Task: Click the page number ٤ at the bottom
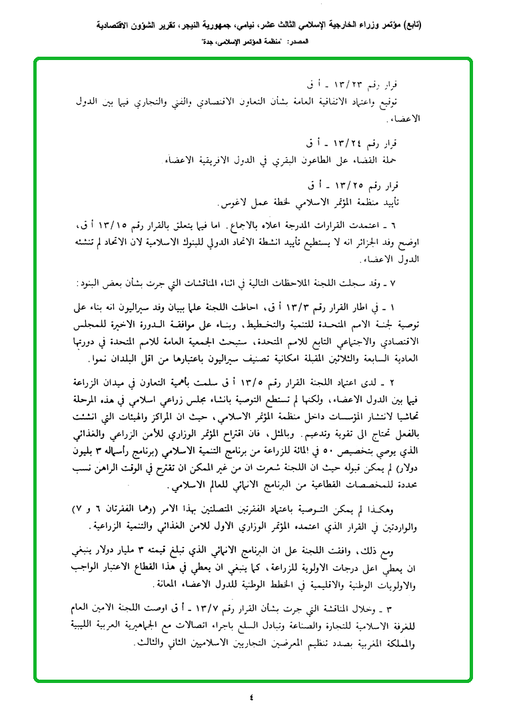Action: [x=251, y=698]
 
